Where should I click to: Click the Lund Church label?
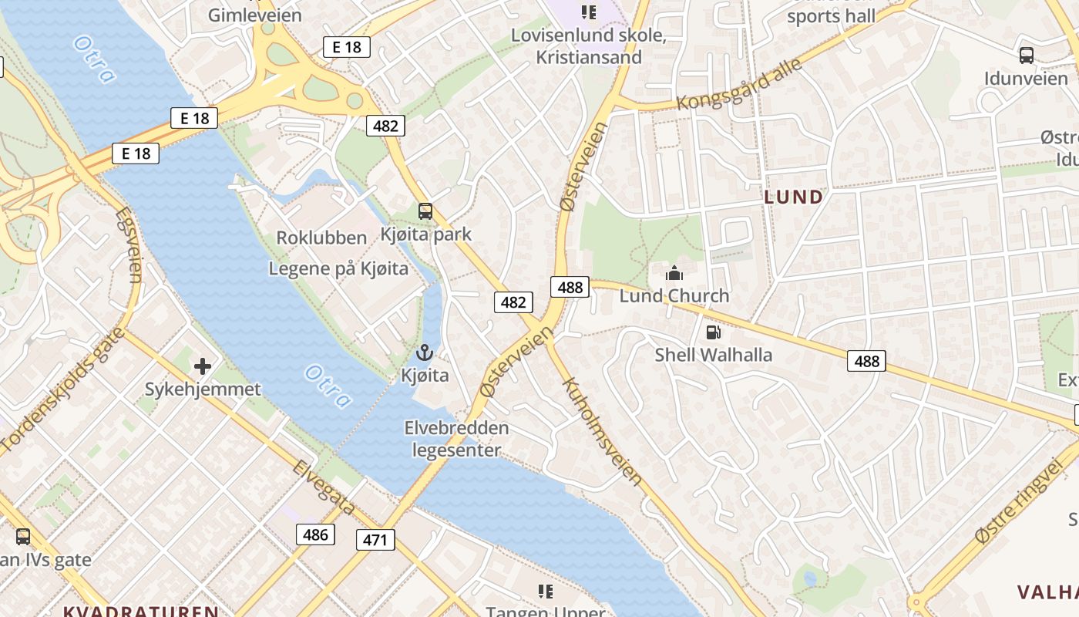[x=674, y=295]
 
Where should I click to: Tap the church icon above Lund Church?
[x=674, y=273]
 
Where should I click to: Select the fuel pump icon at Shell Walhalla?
[x=714, y=332]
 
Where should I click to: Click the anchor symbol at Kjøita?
[x=424, y=353]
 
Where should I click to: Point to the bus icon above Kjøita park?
[x=425, y=211]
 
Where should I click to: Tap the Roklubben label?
[x=321, y=238]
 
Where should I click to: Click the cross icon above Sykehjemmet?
[x=203, y=366]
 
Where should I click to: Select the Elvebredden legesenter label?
[x=457, y=439]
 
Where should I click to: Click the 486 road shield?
[x=315, y=534]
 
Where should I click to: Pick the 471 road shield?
[x=375, y=540]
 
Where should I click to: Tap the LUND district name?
[x=793, y=197]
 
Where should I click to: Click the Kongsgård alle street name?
[x=739, y=84]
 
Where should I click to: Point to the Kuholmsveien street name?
[x=602, y=431]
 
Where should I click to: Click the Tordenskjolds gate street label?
[x=62, y=389]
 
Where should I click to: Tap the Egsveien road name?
[x=129, y=244]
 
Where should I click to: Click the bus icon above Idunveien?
[x=1026, y=56]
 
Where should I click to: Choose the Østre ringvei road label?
[x=1018, y=502]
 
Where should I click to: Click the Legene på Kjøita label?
[x=338, y=269]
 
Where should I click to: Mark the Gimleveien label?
[x=255, y=15]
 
